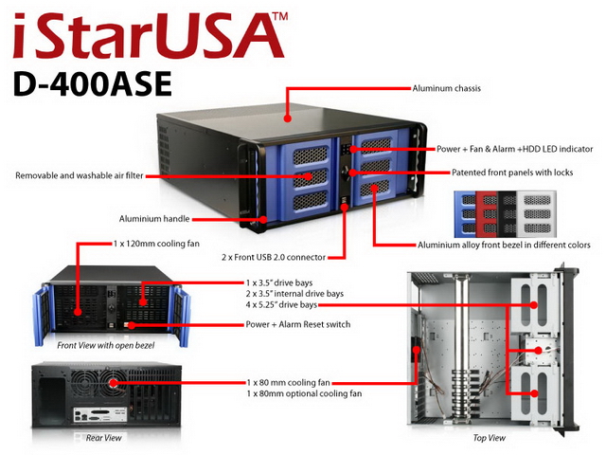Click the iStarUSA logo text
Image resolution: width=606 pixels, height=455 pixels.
[x=150, y=35]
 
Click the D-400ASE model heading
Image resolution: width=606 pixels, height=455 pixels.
[x=93, y=84]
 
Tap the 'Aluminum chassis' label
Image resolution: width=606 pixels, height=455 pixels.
[x=446, y=88]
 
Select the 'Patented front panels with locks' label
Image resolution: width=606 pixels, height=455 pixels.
[x=512, y=173]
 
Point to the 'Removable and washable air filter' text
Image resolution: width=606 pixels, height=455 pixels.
[x=80, y=175]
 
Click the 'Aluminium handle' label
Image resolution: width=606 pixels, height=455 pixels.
[x=154, y=219]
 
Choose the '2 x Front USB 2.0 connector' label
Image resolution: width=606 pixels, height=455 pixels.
[x=274, y=257]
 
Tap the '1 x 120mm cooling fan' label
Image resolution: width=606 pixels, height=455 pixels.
[x=156, y=244]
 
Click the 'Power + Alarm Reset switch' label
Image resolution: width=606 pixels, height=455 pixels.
[x=298, y=324]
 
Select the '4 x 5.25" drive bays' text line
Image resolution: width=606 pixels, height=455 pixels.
[x=281, y=305]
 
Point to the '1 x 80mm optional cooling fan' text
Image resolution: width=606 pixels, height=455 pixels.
[x=304, y=393]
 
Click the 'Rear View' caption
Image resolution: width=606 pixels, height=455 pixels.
[x=103, y=438]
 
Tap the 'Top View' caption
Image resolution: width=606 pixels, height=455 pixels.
[x=489, y=438]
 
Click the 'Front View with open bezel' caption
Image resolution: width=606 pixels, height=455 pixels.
[x=105, y=345]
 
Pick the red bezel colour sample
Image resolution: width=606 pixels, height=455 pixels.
[x=486, y=214]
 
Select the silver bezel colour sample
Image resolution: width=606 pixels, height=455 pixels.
[x=537, y=214]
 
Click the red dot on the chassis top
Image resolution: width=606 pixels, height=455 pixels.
[x=287, y=118]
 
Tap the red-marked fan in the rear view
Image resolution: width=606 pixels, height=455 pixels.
[x=113, y=383]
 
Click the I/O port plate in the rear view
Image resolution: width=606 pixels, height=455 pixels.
[x=100, y=415]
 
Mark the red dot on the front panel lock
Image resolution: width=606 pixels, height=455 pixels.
[x=352, y=173]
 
